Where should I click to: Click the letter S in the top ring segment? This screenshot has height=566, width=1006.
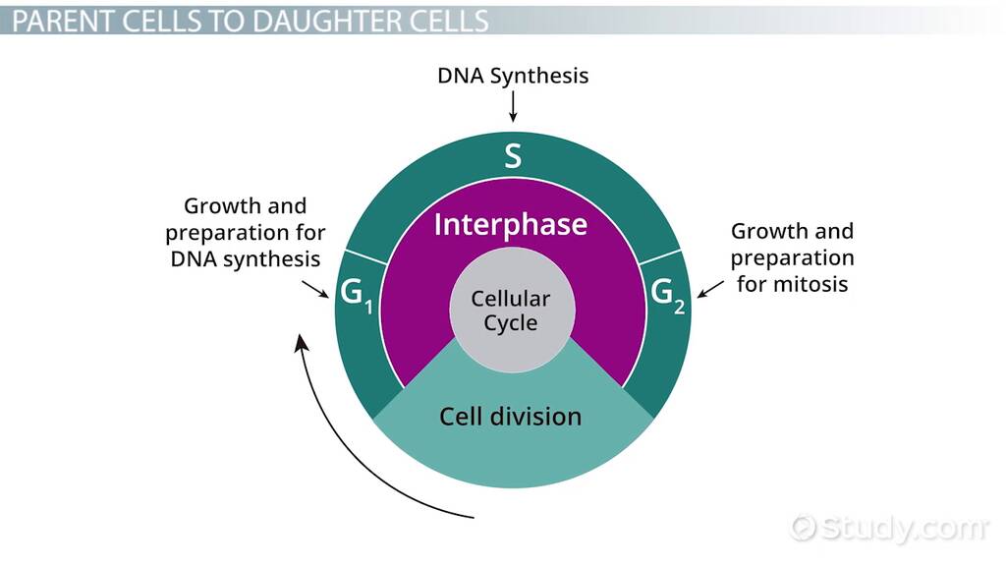tap(512, 155)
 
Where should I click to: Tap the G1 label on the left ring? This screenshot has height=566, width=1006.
tap(355, 294)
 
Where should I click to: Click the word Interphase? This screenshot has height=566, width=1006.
tap(511, 224)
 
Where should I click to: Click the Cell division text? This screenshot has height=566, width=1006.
tap(510, 416)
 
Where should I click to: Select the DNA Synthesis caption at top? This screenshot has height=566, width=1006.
tap(513, 76)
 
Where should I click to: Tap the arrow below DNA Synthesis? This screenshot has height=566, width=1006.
tap(513, 108)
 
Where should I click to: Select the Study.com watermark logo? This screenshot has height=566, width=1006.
tap(890, 528)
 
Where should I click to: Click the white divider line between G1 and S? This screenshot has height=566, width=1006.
tap(361, 256)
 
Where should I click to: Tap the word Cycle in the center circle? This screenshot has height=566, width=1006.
tap(510, 322)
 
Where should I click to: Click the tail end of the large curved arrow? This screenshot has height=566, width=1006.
tap(474, 514)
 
